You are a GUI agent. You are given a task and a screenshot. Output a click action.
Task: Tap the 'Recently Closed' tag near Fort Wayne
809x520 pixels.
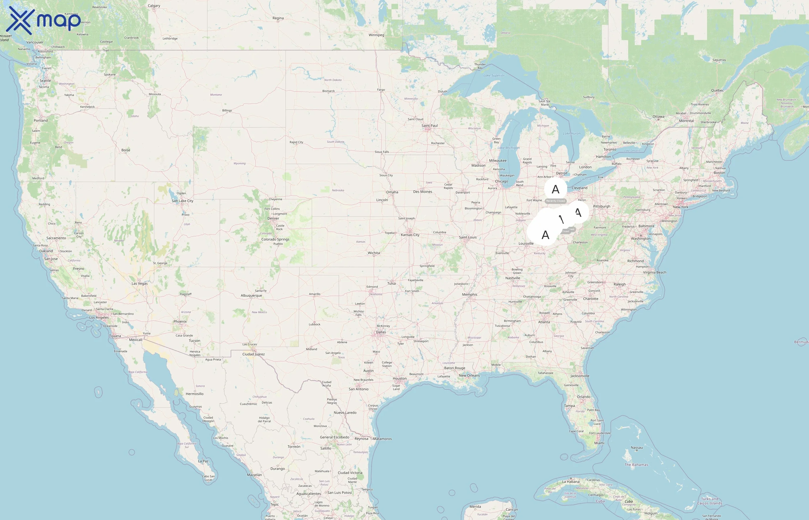tap(555, 201)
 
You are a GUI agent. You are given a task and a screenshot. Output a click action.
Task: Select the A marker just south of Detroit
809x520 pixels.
tap(555, 189)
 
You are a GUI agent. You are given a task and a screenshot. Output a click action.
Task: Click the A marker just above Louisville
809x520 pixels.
tap(545, 234)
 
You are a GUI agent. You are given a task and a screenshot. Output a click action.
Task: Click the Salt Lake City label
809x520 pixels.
tap(182, 201)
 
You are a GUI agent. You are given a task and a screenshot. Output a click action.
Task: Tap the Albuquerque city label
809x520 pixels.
tap(251, 296)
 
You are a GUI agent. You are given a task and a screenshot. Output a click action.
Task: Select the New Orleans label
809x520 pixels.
tap(469, 376)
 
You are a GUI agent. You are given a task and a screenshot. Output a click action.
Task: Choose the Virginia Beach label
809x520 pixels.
tap(654, 272)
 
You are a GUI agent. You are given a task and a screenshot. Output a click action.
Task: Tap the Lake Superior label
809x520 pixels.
tap(494, 76)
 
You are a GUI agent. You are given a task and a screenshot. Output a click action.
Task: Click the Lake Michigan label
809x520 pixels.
tap(509, 148)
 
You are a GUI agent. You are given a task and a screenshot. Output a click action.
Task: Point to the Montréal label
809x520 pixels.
tap(686, 121)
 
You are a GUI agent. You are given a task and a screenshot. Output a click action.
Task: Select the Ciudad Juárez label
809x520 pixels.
tap(253, 354)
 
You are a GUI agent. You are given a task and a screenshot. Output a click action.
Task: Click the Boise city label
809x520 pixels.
tap(126, 150)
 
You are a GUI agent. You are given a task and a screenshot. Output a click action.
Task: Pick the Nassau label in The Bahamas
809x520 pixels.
tap(637, 448)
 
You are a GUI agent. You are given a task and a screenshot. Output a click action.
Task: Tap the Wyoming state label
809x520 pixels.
tap(240, 164)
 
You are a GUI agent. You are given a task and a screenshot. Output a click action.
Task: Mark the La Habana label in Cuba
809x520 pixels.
tap(571, 482)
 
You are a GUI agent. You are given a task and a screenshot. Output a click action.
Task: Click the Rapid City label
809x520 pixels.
tap(296, 142)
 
